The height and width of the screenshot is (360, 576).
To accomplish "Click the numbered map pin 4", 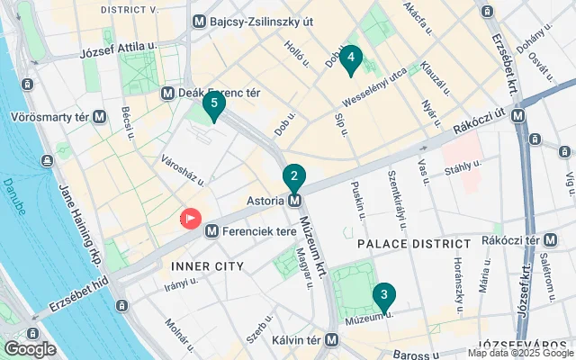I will point(350,60).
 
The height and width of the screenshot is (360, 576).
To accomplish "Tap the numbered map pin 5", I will point(213,103).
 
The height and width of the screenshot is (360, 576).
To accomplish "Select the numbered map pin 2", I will point(294,176).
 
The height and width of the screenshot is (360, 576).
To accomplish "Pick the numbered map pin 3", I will point(384,294).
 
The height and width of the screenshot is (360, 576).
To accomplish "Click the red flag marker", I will point(191,219).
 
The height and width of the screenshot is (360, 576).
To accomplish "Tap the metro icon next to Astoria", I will point(294,201).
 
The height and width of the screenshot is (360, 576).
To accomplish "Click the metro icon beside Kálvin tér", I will point(332,340).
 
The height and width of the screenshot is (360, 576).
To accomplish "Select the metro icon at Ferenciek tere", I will point(211,231).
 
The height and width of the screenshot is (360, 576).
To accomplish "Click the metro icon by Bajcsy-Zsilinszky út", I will point(199,20).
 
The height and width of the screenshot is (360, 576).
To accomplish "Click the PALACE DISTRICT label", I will point(414,244).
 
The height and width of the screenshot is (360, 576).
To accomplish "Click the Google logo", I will point(30,349).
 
